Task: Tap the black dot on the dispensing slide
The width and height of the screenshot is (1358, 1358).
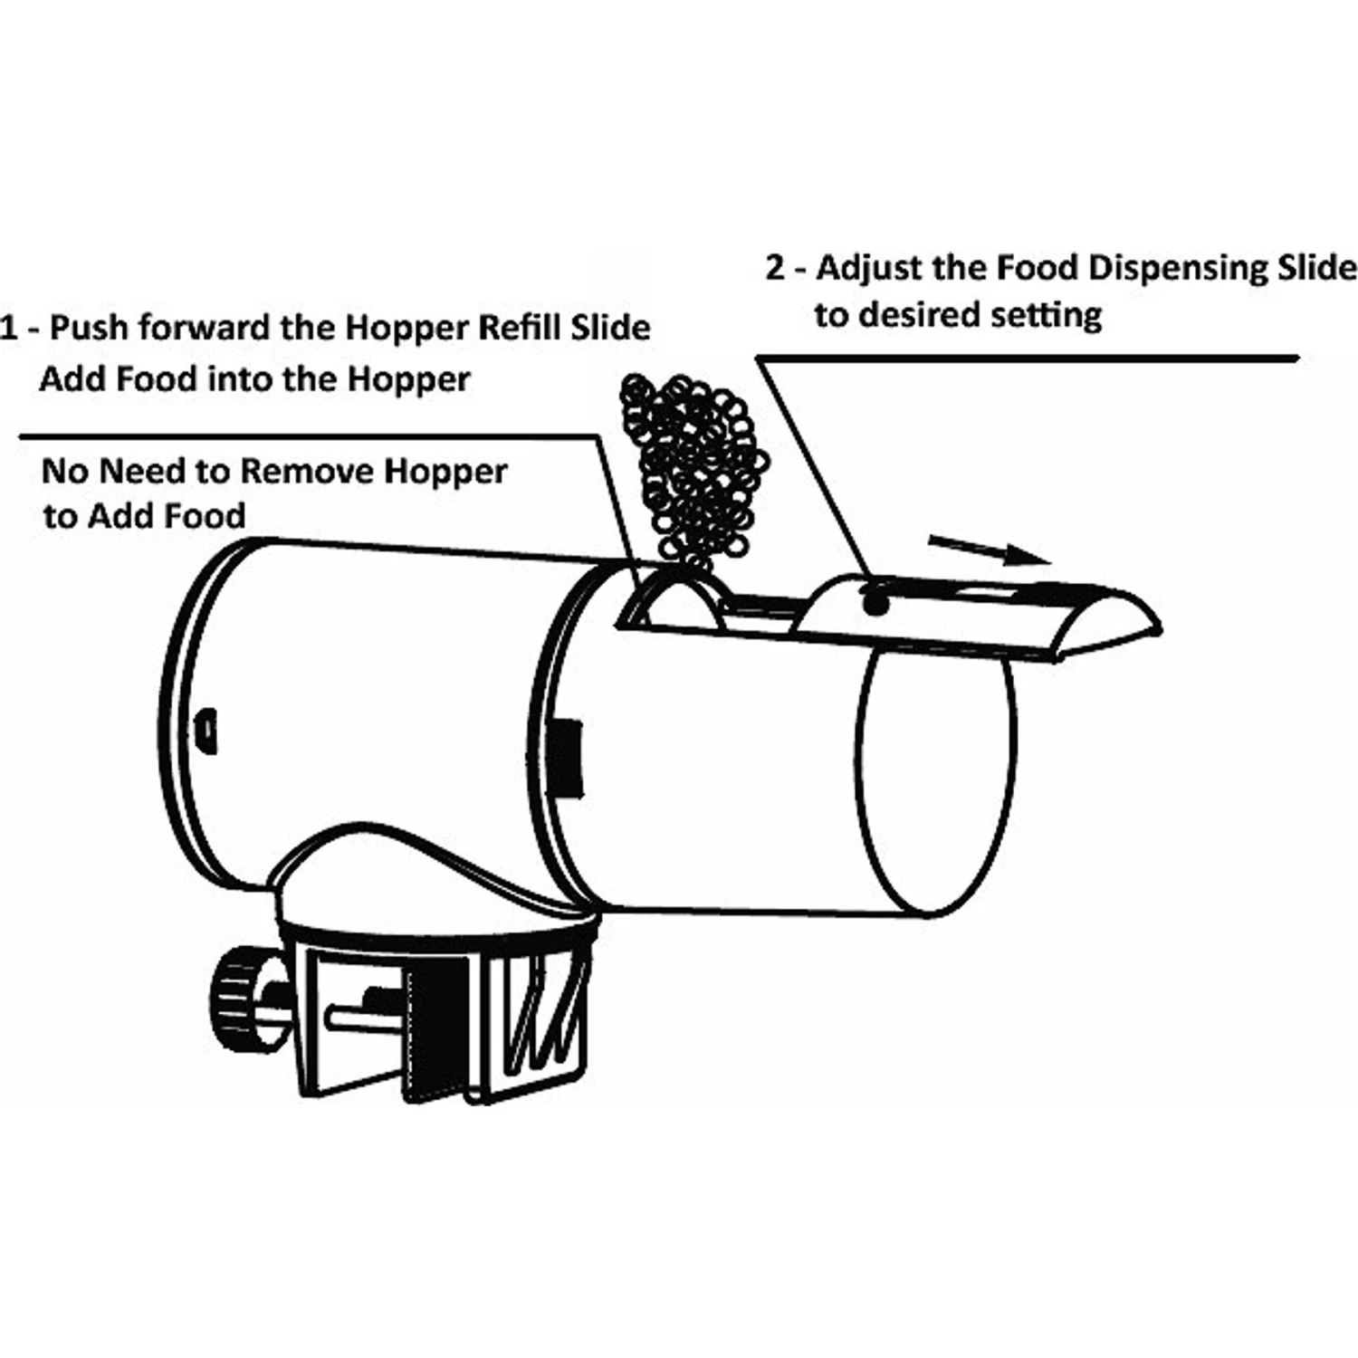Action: [873, 602]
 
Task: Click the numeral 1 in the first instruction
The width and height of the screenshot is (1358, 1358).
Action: [9, 328]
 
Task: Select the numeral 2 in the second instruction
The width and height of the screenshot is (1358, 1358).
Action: [775, 269]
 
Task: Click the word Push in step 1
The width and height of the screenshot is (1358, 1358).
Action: [87, 328]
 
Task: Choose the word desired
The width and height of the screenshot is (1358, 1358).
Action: [915, 315]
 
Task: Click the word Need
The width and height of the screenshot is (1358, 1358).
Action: [138, 472]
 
